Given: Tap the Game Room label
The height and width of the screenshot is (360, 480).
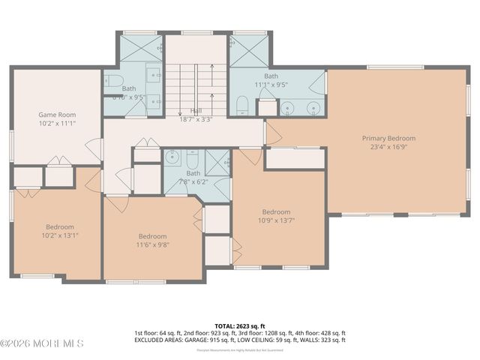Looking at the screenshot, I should click(57, 115).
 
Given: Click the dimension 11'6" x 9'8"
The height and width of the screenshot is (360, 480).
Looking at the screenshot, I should click(152, 244).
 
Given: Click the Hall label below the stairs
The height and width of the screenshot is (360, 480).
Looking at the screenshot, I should click(195, 110).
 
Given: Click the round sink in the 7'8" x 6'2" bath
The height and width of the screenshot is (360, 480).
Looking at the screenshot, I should click(172, 158).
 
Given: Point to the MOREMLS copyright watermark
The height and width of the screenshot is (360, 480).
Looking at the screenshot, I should click(42, 343).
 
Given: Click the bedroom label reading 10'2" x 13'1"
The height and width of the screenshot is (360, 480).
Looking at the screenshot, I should click(60, 236).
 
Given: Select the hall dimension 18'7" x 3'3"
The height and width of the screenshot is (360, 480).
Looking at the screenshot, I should click(195, 118).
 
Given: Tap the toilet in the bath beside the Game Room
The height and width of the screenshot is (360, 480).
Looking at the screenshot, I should click(112, 80).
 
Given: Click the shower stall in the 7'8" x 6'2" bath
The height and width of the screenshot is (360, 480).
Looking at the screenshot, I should click(218, 163).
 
